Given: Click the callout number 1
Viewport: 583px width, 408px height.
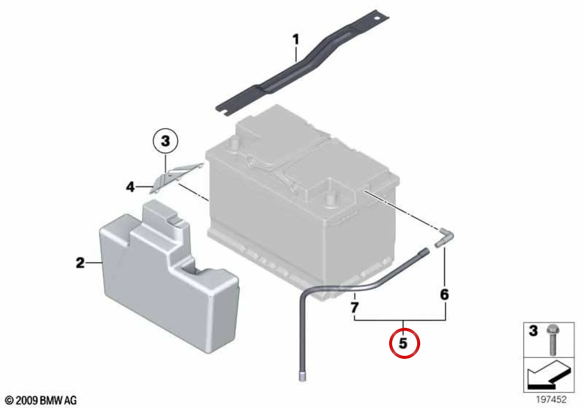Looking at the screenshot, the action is click(296, 40).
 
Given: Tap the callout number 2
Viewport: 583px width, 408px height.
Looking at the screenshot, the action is click(80, 263).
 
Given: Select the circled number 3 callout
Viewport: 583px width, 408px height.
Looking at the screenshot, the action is click(165, 142).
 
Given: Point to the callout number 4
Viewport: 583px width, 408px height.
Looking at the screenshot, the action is click(130, 187).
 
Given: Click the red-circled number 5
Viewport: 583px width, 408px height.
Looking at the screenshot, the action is click(403, 343).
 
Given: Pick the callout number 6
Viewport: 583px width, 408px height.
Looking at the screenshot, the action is click(445, 294).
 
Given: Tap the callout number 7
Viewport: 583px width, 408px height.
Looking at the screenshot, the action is click(355, 307).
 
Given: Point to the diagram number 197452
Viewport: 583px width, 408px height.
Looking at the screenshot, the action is click(551, 399).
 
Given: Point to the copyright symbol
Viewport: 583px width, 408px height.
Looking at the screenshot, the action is click(10, 400).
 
